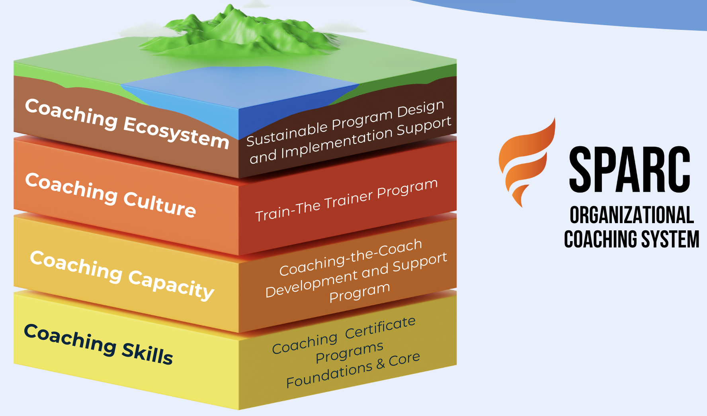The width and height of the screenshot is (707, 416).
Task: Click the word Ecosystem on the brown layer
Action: [176, 133]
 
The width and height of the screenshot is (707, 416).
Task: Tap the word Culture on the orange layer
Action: [159, 204]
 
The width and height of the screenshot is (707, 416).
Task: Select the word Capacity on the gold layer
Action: [171, 284]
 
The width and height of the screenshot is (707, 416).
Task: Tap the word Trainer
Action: [349, 198]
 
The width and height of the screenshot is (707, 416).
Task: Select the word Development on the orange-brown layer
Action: [311, 284]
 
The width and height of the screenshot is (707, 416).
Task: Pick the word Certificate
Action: [380, 327]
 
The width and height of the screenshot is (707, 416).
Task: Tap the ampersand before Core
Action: [380, 363]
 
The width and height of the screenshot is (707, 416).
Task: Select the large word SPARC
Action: [630, 169]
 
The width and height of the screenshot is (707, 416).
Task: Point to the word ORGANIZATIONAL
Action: [631, 215]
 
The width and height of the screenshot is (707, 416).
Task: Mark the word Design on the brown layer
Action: [420, 109]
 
